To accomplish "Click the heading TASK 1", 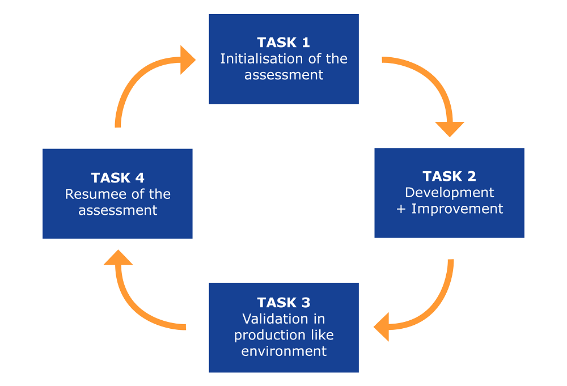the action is pos(283,43).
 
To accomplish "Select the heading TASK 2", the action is pos(449,176).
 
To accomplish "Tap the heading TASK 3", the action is pos(283,302).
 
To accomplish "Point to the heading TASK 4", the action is pos(117,177).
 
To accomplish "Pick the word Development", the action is pos(449,193).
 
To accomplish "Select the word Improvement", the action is pos(457,209).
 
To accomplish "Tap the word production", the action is pos(270,336).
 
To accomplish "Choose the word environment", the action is pos(284,351).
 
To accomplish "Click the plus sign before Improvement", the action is pos(401,209).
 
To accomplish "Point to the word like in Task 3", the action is pos(322,335).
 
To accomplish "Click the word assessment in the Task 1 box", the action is pos(284,75).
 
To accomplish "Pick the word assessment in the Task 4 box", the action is pos(118,210).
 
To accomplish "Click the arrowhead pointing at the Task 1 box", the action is pos(187,60).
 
